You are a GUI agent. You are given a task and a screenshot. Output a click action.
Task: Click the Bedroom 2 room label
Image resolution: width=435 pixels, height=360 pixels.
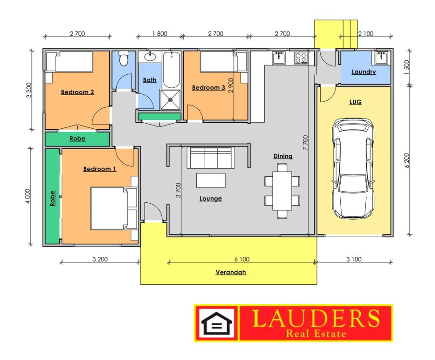(77, 92)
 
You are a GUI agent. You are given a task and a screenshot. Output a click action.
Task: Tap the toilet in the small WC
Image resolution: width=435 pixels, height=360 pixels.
(124, 59)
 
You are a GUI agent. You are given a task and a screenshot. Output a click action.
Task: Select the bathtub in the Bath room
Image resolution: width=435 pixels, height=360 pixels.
(172, 70)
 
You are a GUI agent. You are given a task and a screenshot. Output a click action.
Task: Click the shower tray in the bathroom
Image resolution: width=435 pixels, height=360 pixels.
(170, 99)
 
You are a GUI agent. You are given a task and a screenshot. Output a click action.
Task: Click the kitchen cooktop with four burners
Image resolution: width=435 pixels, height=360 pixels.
(301, 58)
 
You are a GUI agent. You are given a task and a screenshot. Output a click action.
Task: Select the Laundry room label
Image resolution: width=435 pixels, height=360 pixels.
(364, 72)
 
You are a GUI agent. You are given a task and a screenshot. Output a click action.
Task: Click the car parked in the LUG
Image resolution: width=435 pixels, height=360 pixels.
(353, 168)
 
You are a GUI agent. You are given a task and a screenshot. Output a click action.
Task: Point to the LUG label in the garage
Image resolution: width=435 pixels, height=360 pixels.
(356, 102)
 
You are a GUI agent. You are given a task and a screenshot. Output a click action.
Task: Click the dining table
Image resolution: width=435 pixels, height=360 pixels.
(282, 191)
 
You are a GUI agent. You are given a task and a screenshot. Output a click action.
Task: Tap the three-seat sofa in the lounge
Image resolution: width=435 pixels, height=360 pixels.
(211, 158)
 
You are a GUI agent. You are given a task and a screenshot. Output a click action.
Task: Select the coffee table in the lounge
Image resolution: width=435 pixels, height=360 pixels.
(211, 180)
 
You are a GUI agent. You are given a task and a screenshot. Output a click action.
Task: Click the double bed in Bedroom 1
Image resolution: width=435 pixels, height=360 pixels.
(114, 208)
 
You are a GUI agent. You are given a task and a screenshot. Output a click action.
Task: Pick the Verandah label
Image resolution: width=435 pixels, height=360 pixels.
(231, 272)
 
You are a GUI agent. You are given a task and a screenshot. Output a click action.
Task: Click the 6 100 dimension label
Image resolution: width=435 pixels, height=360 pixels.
(242, 259)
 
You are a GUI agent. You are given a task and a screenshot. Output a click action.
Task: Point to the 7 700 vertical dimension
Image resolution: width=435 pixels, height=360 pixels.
(305, 142)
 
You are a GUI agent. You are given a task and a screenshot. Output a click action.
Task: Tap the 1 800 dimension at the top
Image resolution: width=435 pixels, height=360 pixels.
(160, 34)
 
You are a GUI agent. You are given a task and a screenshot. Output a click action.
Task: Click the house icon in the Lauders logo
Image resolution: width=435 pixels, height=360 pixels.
(216, 323)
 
